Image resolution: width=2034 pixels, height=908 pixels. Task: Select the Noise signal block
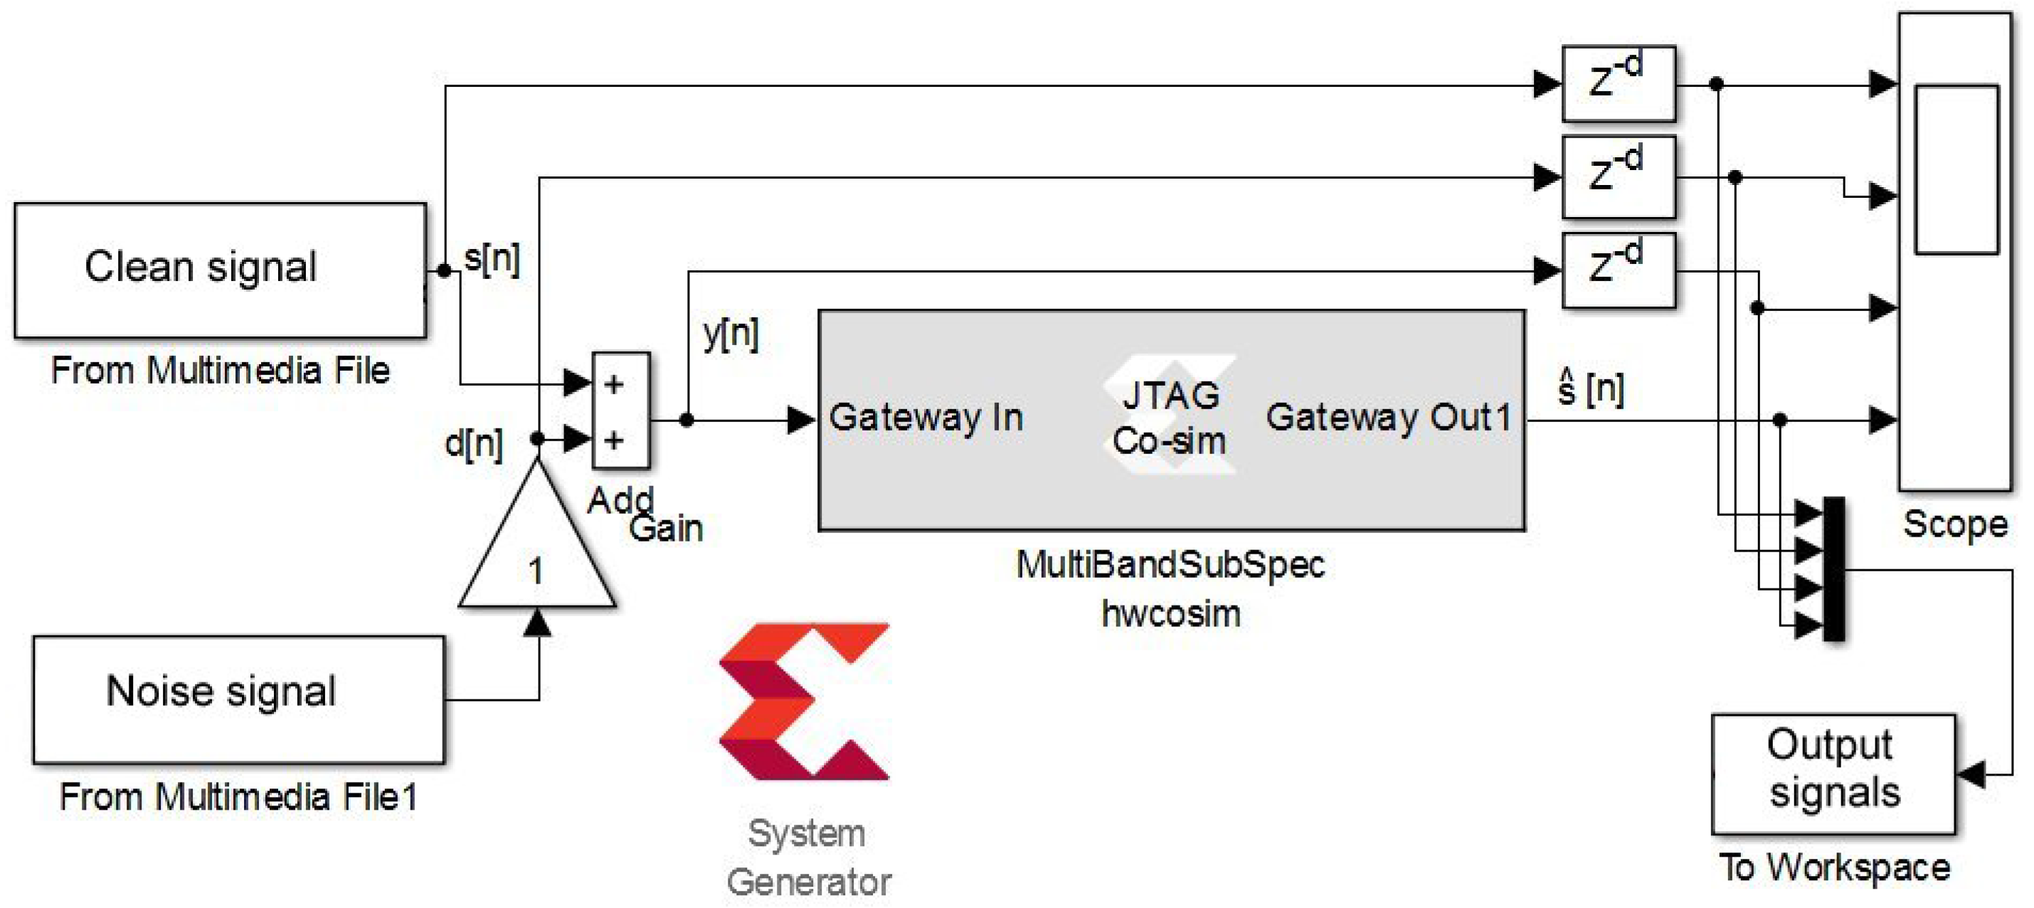238,699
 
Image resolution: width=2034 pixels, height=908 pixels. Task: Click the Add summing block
620,411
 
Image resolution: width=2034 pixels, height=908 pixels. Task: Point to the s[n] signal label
491,259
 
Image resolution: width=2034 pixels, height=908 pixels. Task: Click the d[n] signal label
474,444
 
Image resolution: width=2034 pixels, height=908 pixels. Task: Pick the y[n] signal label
731,333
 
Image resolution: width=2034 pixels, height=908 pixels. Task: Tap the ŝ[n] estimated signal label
1591,389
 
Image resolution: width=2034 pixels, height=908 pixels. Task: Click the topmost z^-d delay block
1618,83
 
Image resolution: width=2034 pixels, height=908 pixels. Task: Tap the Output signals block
1833,773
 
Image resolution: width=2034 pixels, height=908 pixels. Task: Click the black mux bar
1833,569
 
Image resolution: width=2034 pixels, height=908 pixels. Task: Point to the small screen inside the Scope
1956,170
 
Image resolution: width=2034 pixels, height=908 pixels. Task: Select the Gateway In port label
926,417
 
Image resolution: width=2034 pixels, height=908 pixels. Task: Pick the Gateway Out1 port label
1388,417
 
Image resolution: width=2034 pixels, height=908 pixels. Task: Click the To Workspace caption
1834,867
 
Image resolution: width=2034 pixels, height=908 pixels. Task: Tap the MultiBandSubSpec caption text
1170,565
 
